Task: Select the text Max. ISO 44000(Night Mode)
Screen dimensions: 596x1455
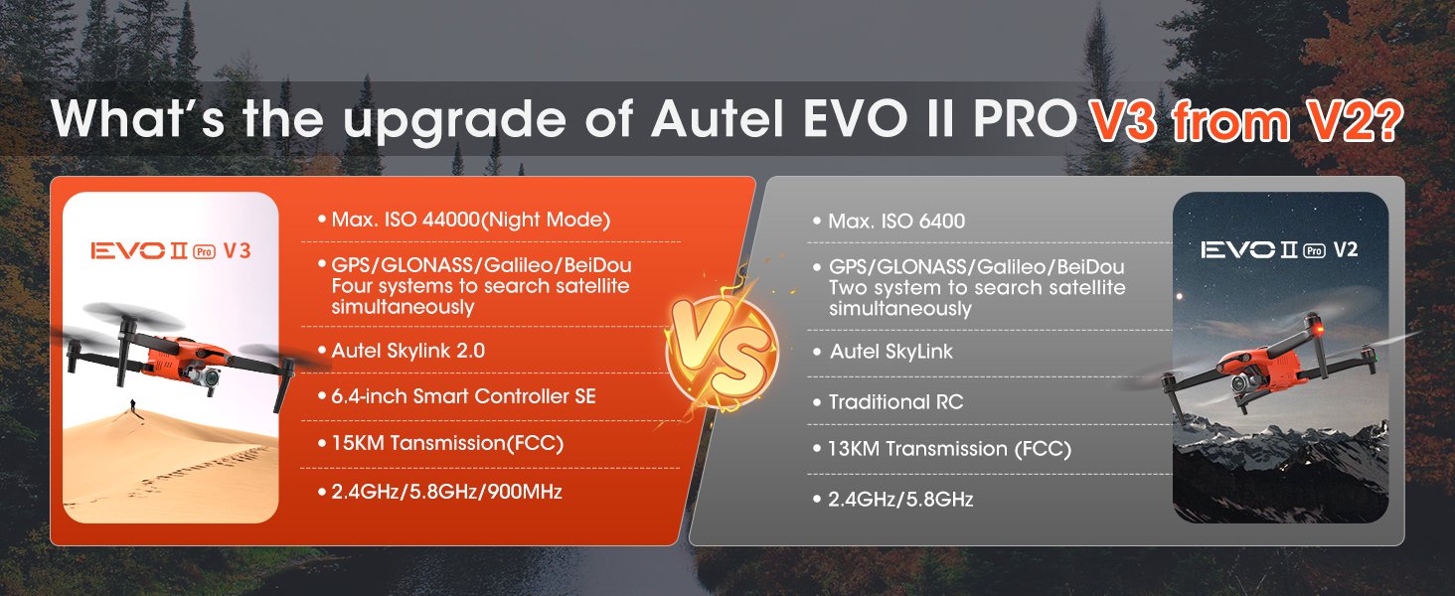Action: click(x=463, y=220)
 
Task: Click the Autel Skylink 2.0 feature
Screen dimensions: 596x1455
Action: click(x=407, y=350)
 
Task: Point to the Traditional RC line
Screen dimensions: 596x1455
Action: click(x=895, y=402)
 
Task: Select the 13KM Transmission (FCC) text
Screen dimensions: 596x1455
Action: click(x=949, y=449)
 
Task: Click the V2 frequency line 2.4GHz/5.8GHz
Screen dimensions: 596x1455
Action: click(x=900, y=499)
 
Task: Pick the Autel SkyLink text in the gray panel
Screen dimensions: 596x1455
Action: click(x=890, y=352)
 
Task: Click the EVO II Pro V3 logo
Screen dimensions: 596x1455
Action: click(x=170, y=250)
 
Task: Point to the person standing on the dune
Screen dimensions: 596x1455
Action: click(x=132, y=408)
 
